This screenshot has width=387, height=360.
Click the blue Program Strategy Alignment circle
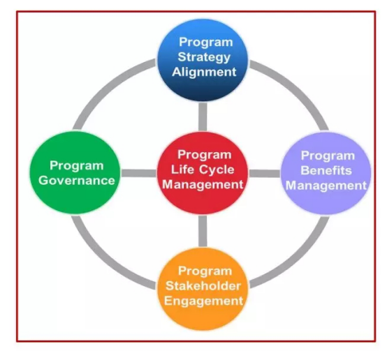coord(203,60)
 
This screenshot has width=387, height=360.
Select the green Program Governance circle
coord(75,172)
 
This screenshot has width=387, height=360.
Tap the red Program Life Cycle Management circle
coord(203,173)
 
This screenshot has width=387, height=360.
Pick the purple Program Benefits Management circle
coord(326,173)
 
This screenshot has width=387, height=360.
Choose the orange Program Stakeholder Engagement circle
coord(203,289)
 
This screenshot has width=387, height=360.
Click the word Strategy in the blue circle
coord(204,57)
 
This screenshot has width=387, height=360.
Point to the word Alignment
coord(204,72)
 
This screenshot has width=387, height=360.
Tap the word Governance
coord(77,181)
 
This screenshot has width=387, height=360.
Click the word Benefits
coord(326,170)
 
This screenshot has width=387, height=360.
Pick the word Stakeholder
coord(203,286)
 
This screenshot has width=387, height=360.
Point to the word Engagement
coord(203,301)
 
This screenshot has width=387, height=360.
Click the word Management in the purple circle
coord(326,186)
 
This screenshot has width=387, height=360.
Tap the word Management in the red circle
coord(203,184)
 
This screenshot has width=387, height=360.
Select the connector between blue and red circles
coord(203,117)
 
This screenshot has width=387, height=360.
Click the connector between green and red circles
coord(139,173)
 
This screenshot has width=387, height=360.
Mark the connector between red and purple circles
coord(264,173)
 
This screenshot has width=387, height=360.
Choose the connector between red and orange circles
coord(203,231)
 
